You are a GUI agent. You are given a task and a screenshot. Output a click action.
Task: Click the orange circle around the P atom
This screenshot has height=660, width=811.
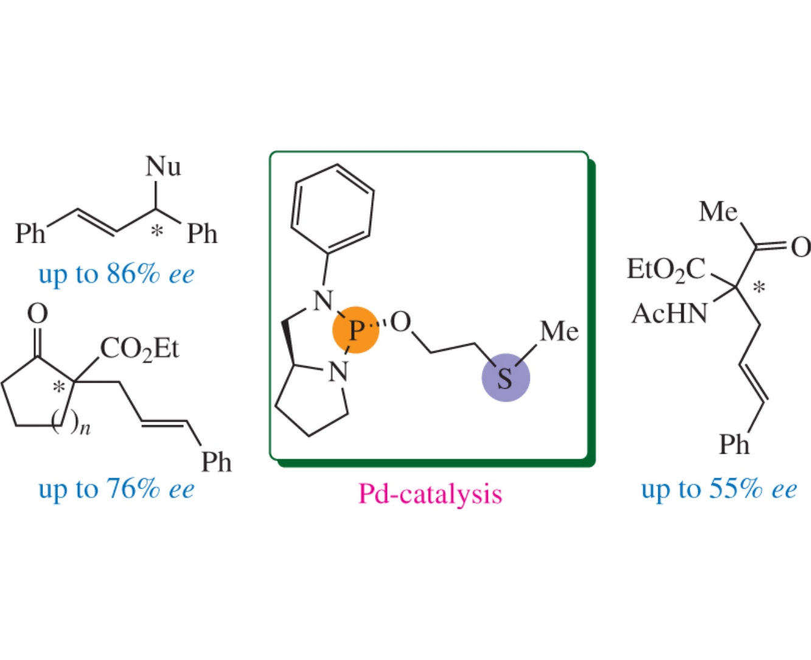click(356, 330)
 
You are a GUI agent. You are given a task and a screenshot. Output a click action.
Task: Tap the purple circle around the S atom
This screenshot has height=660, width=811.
click(506, 378)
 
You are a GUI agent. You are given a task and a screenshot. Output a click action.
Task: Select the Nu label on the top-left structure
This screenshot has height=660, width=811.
click(163, 166)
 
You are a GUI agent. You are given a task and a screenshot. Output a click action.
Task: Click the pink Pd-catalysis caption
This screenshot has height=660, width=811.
click(430, 493)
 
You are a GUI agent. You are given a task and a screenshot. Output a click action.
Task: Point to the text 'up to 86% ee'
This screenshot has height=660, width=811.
click(116, 274)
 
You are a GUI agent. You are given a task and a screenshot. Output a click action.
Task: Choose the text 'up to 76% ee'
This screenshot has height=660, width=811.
click(116, 488)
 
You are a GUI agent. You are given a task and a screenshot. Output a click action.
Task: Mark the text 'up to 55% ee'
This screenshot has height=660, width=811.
click(719, 488)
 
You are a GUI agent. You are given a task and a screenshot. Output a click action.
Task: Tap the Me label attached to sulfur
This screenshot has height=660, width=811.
click(559, 332)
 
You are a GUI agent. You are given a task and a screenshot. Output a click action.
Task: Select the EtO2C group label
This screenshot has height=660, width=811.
click(666, 269)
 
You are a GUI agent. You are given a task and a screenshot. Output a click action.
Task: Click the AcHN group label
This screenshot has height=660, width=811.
click(670, 314)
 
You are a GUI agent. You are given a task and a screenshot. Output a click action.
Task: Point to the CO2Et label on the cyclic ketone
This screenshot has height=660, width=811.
click(139, 350)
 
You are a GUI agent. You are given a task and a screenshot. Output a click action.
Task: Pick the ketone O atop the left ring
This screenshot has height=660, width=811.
click(38, 314)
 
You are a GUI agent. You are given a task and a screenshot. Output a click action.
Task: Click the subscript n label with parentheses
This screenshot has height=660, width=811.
click(70, 424)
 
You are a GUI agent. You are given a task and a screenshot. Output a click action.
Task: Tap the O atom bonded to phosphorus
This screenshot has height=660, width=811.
click(401, 322)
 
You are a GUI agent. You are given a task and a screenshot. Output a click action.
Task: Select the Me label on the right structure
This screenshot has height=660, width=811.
click(718, 212)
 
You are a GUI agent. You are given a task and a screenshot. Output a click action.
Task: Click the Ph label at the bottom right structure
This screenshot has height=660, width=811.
click(734, 445)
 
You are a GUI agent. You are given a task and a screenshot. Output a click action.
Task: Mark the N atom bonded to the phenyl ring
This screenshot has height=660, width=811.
click(323, 300)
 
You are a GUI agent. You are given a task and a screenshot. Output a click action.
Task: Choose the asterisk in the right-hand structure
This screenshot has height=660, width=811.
click(759, 287)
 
